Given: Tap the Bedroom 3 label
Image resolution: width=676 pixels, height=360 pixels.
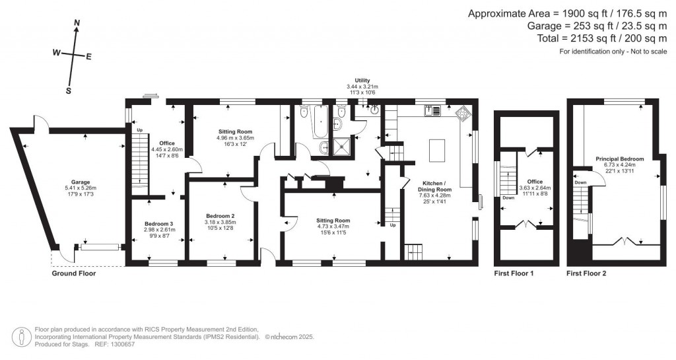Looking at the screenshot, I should tap(159, 223).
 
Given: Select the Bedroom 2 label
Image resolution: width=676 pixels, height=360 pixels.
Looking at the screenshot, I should tap(220, 216).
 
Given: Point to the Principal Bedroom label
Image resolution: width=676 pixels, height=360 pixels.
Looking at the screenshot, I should tap(619, 159).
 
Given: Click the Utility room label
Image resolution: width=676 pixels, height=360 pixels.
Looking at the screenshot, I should tap(362, 80).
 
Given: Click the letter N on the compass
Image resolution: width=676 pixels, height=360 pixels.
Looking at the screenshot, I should tap(77, 23).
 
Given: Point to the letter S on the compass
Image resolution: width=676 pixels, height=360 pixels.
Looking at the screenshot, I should tap(68, 91).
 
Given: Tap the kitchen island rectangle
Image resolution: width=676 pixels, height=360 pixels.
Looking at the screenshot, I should tap(436, 150).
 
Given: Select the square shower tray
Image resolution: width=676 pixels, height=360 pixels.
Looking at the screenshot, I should tap(343, 147).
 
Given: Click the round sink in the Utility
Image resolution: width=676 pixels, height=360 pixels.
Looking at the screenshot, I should tap(375, 110).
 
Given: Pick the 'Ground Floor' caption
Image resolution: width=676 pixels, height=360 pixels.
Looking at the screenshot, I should tap(74, 273).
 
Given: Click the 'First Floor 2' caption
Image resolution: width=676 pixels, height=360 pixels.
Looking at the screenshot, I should tap(586, 273).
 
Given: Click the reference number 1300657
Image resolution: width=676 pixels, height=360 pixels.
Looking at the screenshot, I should tap(121, 344).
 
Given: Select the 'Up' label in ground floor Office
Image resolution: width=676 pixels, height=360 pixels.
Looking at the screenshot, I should tap(139, 130).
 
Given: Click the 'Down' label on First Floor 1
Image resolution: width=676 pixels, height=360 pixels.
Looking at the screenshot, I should tap(508, 198).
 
